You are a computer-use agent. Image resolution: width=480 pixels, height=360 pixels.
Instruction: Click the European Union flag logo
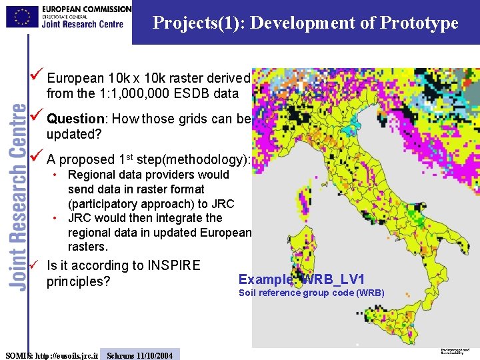pos(22,17)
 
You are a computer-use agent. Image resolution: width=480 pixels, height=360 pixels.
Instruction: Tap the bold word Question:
pos(77,119)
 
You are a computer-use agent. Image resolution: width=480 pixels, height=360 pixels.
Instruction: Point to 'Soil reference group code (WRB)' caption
pos(311,293)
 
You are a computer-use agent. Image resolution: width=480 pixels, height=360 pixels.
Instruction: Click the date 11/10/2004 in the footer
pos(153,355)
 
